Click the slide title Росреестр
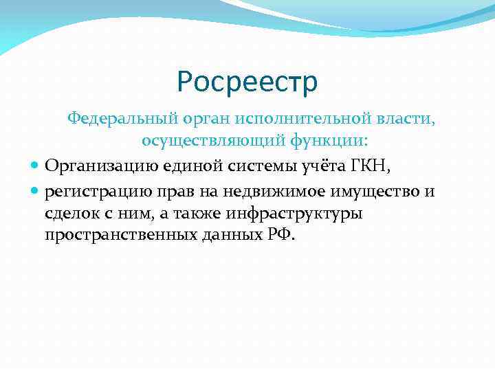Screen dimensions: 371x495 [x=247, y=82]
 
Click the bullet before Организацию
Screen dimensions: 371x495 [x=36, y=166]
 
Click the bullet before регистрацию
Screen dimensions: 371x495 [x=36, y=191]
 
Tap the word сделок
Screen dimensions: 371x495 [x=71, y=213]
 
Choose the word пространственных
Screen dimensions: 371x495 [x=109, y=236]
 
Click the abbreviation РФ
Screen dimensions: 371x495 [x=279, y=235]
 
